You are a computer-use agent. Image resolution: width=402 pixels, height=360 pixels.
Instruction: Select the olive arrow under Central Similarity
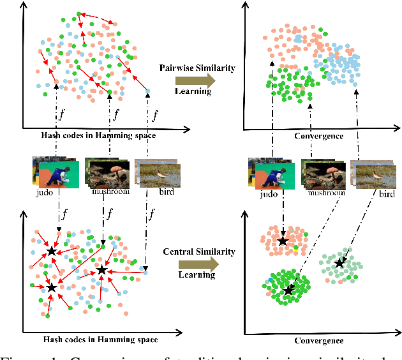198,263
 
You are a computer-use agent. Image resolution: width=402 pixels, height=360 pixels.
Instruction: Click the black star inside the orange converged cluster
283,241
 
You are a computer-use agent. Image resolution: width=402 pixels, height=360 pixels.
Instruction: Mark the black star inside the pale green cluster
340,262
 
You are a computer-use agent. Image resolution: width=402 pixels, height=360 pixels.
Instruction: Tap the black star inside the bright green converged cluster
289,290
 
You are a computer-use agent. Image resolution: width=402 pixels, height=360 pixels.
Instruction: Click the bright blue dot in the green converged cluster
271,280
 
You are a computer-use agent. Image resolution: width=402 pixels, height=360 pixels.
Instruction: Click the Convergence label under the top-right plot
320,136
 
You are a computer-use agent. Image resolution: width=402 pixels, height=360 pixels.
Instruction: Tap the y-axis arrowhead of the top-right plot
246,6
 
